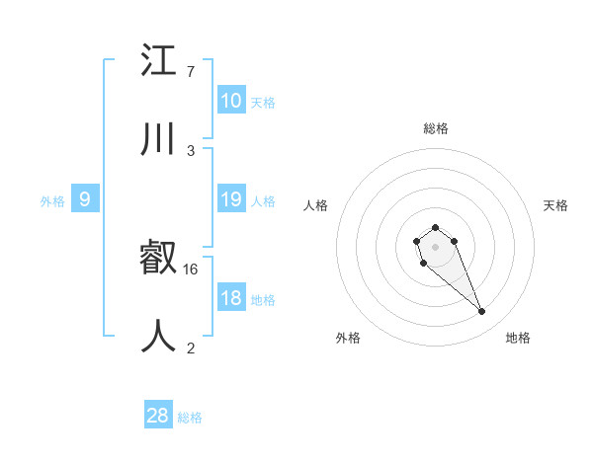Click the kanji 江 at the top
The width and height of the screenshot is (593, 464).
coord(159,61)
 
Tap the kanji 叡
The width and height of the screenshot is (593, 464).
coord(159,259)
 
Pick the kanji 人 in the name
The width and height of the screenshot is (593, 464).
coord(159,336)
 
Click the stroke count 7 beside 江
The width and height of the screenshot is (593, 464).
coord(190,72)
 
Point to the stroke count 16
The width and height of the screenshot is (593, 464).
coord(192,269)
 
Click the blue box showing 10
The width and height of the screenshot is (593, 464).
coord(230,101)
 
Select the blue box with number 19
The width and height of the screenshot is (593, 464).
coord(230,199)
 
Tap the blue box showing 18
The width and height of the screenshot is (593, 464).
coord(230,298)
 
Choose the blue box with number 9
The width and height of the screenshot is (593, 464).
coord(85,199)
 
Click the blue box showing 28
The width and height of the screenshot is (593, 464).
coord(157,416)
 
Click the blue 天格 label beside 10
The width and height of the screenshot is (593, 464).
coord(263,102)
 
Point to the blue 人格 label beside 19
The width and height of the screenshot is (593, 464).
coord(263,200)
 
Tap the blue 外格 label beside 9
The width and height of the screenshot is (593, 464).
coord(52,200)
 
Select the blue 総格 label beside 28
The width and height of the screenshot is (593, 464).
coord(190,418)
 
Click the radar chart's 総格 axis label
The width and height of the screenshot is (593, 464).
coord(436,128)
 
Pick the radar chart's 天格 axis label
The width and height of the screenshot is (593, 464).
coord(555,205)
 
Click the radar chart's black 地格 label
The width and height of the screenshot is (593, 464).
coord(518,338)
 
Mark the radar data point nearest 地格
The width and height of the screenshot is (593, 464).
coord(482,312)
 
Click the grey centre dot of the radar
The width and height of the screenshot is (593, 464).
coord(435,246)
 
